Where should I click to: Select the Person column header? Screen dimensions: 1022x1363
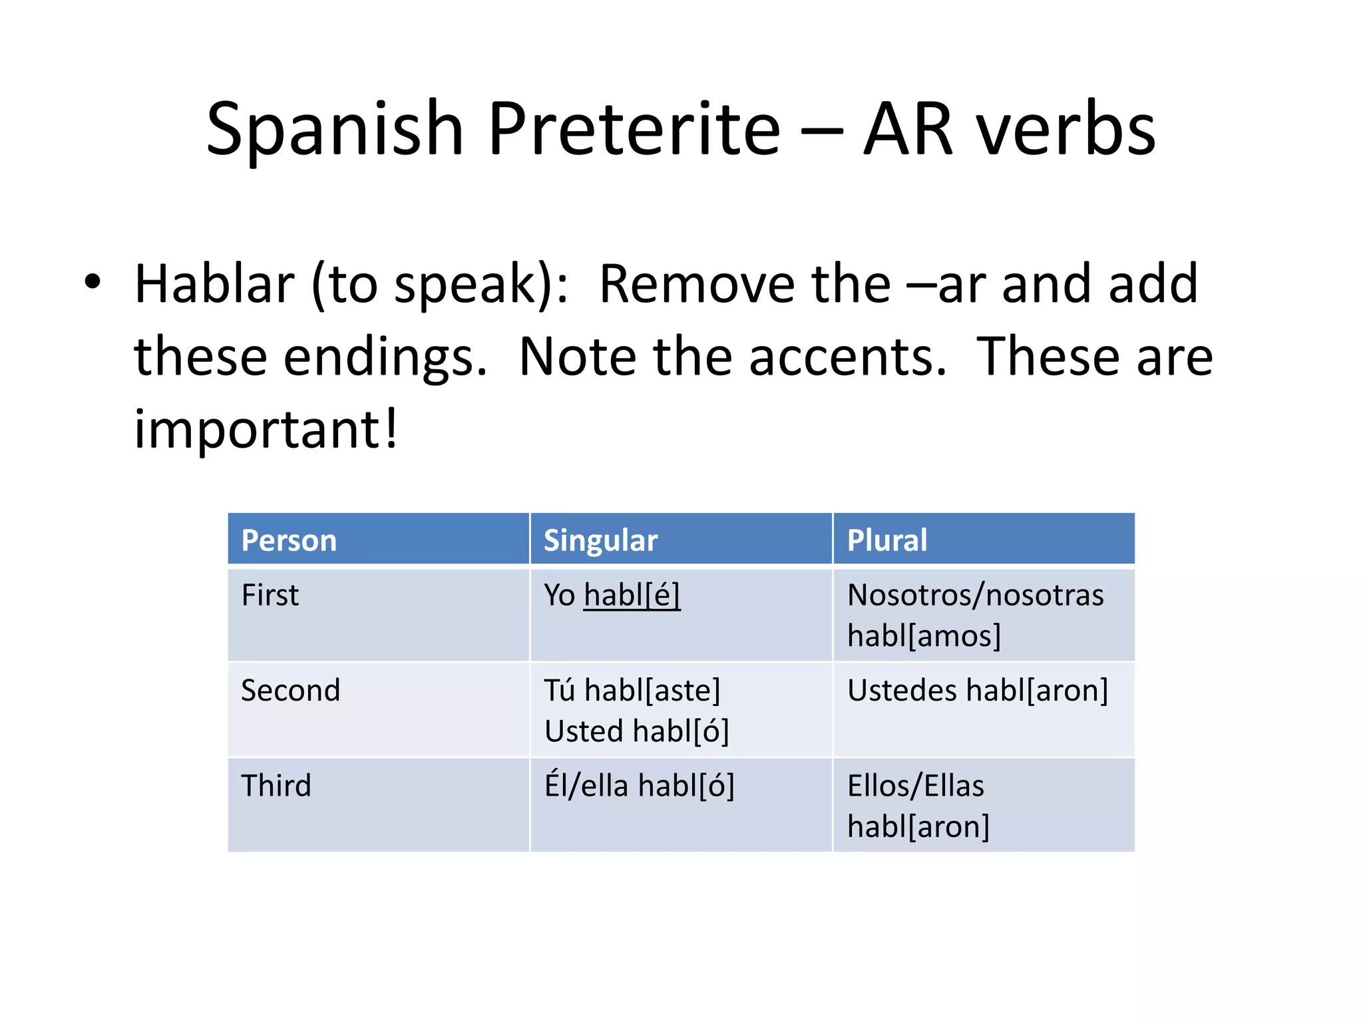click(289, 540)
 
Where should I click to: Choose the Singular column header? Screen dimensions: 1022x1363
click(600, 540)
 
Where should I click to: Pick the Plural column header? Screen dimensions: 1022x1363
click(886, 540)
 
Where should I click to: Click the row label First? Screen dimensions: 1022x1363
click(270, 595)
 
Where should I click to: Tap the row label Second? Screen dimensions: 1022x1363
click(290, 690)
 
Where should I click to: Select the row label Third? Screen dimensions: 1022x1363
click(276, 786)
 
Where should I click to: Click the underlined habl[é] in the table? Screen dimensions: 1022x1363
click(632, 595)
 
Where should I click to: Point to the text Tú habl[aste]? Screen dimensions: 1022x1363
click(632, 690)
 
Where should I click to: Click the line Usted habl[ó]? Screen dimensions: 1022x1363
click(637, 731)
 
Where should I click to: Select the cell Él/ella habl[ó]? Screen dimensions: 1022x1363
click(640, 786)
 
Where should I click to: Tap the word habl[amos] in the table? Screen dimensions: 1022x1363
click(924, 636)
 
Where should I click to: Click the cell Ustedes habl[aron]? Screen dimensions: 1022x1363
click(978, 690)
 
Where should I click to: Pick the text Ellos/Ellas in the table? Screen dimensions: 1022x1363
click(916, 786)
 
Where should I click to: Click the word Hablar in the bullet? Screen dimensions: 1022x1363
click(214, 284)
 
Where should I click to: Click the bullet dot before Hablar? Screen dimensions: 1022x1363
click(93, 281)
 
